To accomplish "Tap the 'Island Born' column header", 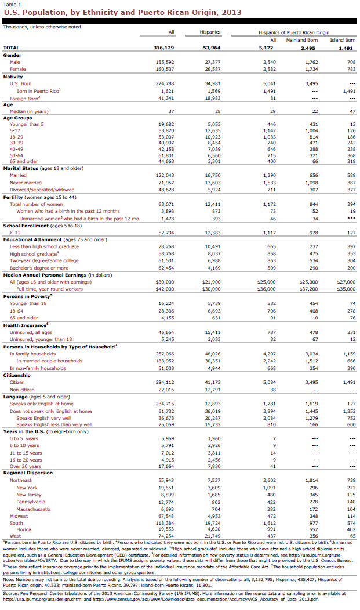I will (343, 40).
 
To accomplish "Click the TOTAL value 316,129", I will (162, 48).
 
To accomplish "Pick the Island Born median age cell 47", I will (351, 111).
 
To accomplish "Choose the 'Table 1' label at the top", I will (12, 3).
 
